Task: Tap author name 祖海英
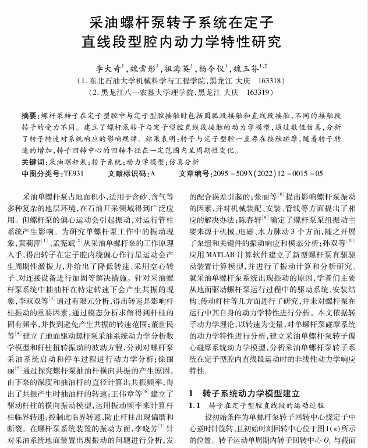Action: (x=176, y=67)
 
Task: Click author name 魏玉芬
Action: (x=246, y=67)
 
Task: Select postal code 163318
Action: (x=270, y=81)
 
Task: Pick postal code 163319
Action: (x=259, y=93)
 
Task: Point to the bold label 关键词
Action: (x=33, y=162)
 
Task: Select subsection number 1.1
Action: (x=194, y=405)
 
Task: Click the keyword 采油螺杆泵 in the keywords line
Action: (x=67, y=162)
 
